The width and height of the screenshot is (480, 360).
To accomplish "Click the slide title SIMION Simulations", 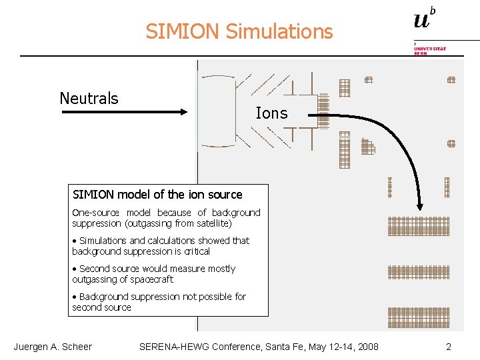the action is pyautogui.click(x=239, y=31).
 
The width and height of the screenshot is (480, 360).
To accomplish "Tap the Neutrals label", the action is pyautogui.click(x=89, y=99).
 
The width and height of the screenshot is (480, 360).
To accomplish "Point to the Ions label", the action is pyautogui.click(x=271, y=113).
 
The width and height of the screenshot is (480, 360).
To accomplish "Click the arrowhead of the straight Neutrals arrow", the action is pyautogui.click(x=185, y=113).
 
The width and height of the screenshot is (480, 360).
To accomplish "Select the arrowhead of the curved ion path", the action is pyautogui.click(x=420, y=207).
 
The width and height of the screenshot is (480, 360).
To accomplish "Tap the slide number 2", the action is pyautogui.click(x=449, y=347).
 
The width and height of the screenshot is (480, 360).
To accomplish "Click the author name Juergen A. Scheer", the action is pyautogui.click(x=53, y=347).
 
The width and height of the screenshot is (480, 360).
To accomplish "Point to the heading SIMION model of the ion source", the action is pyautogui.click(x=157, y=195).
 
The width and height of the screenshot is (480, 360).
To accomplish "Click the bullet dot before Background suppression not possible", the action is pyautogui.click(x=75, y=297).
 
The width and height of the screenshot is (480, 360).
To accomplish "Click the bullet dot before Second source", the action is pyautogui.click(x=75, y=269).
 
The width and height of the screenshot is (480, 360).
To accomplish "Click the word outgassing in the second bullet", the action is pyautogui.click(x=93, y=279).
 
